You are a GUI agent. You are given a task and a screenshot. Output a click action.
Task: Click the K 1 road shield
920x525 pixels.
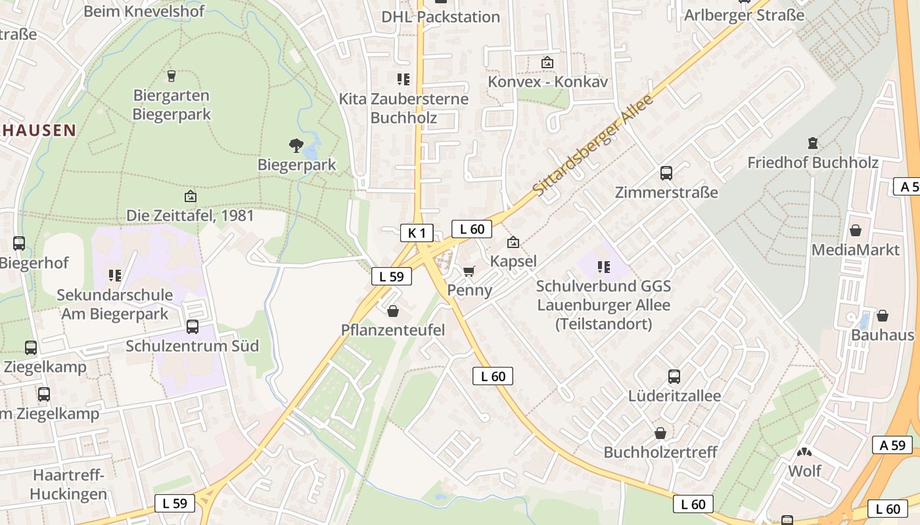(x=417, y=232)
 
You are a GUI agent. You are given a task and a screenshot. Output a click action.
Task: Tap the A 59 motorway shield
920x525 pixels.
(x=892, y=445)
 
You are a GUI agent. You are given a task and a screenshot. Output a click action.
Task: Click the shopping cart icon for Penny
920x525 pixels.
(x=469, y=271)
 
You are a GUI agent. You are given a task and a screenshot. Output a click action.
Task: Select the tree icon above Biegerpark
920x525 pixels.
(x=296, y=145)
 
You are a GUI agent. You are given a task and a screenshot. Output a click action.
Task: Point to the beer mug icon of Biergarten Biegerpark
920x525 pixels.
(x=172, y=76)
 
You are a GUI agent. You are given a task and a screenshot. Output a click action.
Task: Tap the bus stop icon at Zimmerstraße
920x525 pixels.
(x=666, y=173)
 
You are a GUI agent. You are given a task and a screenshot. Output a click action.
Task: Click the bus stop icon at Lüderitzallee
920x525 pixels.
(x=674, y=377)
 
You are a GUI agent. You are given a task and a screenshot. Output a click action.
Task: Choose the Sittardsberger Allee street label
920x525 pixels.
(x=593, y=145)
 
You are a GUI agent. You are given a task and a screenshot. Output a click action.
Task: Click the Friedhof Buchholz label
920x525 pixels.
(x=812, y=162)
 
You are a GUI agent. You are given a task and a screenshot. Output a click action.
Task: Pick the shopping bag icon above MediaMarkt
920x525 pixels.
(x=855, y=230)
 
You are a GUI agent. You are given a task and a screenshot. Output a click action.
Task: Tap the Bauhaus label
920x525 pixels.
(x=882, y=335)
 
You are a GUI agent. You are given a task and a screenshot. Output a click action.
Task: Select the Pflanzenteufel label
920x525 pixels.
(x=393, y=330)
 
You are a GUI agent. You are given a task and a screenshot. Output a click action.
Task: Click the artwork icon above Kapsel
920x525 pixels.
(x=513, y=243)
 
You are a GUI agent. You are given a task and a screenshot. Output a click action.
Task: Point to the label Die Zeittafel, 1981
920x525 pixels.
(x=190, y=215)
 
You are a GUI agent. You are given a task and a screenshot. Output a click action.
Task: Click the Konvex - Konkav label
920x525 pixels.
(x=547, y=82)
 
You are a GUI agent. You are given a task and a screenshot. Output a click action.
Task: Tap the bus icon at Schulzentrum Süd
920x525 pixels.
(x=193, y=326)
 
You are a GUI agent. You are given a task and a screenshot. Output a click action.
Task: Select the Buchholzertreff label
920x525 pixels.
(x=660, y=452)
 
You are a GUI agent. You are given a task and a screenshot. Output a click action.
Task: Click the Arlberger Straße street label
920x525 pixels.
(x=744, y=14)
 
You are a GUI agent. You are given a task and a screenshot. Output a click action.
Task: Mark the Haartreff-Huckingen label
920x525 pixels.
(x=69, y=484)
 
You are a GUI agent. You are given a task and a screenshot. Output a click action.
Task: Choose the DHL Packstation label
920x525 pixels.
(x=440, y=16)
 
